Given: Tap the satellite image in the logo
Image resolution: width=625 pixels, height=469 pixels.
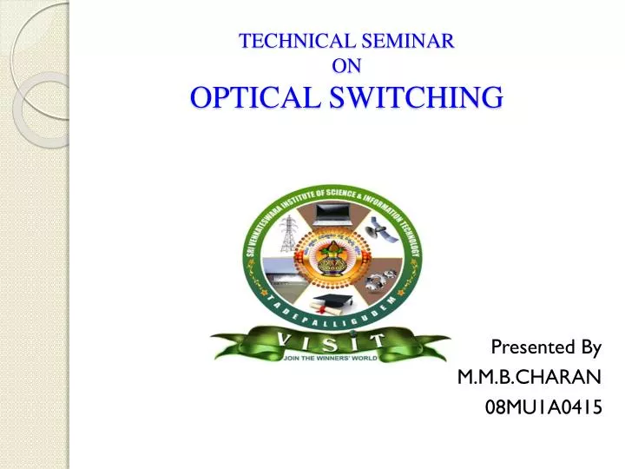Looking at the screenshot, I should coord(379,232).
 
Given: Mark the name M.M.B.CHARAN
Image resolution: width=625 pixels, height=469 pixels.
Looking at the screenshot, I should coord(529,378).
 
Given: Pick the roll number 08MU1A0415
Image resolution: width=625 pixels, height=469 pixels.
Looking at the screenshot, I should coord(543,406).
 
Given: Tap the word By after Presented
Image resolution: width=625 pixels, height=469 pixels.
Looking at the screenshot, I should coord(590,348).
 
